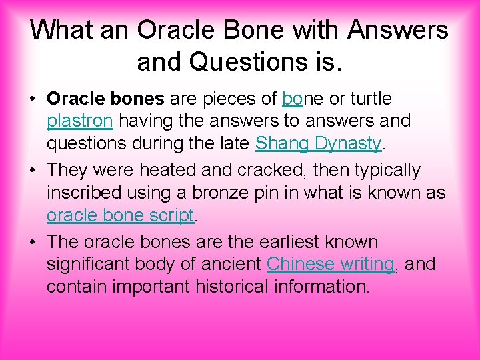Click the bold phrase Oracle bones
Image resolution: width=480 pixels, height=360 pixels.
point(105,99)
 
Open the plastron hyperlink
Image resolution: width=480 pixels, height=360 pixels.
point(79,121)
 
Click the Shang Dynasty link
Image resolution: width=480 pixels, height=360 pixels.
point(318,143)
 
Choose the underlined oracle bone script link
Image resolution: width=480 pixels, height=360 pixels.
point(120,215)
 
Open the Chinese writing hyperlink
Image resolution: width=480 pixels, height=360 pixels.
point(331,264)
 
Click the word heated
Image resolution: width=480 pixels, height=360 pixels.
point(174,171)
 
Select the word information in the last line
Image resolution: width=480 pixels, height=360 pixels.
point(331,287)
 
